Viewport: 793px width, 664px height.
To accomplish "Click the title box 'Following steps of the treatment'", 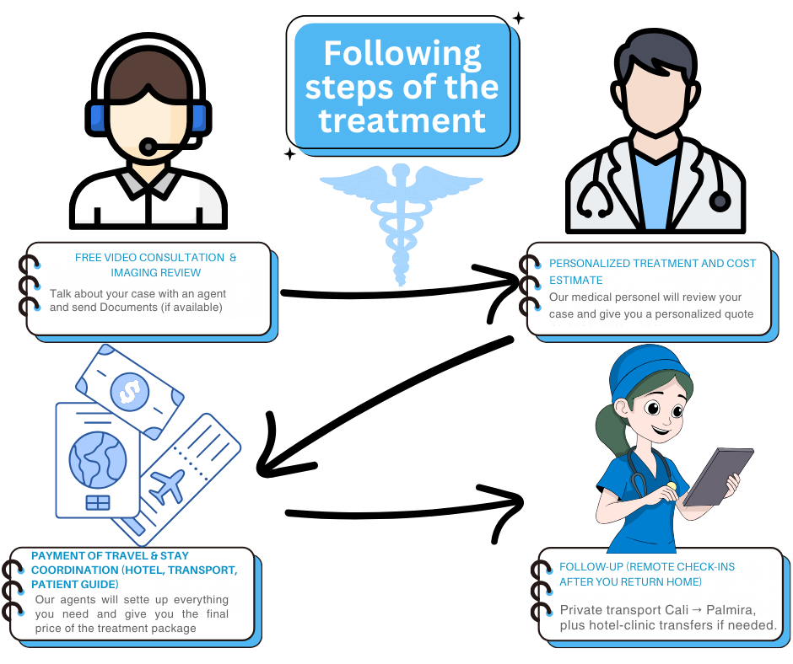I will pos(402,88).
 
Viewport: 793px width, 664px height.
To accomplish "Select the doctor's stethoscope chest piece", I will pos(720,201).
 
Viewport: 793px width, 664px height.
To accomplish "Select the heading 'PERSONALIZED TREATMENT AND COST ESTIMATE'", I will pos(651,271).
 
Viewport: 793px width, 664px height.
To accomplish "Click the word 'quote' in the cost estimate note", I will pos(734,313).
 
